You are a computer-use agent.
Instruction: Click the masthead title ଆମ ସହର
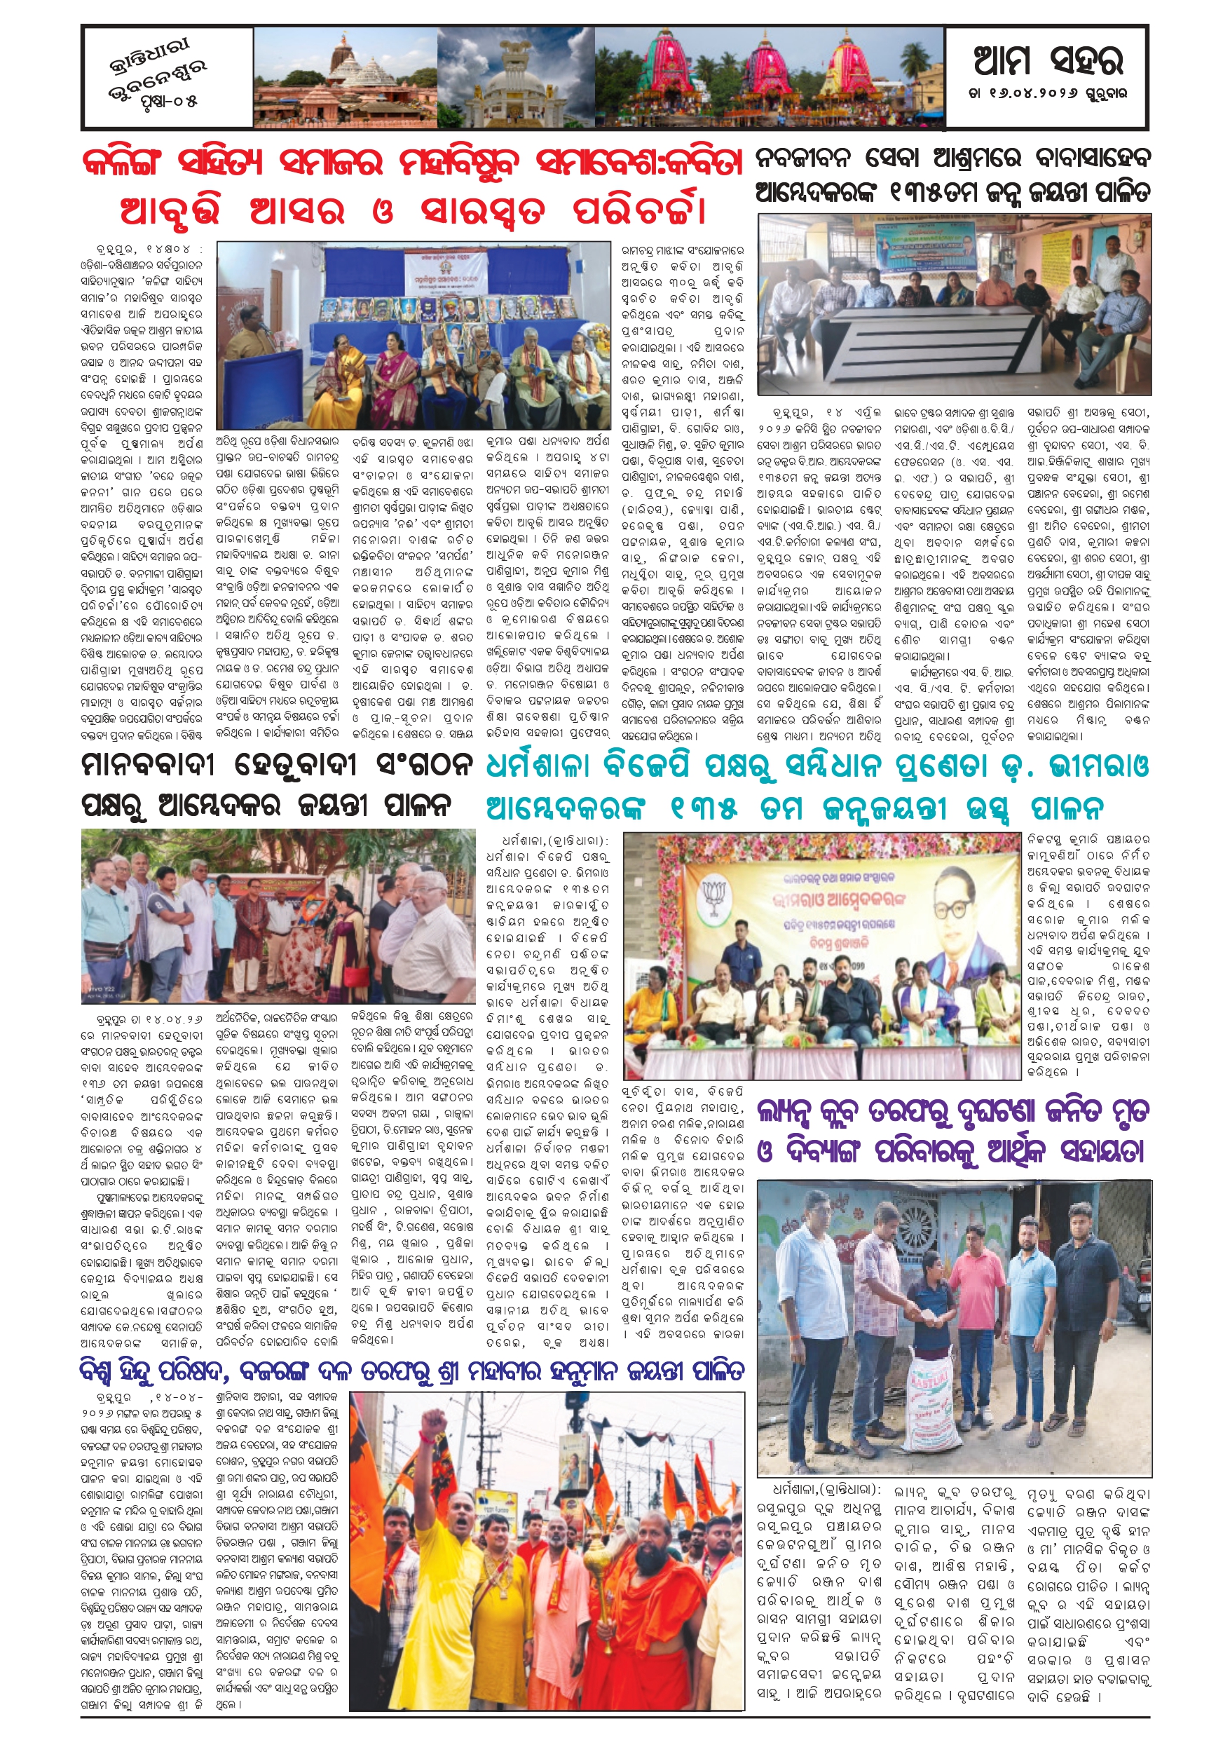[x=1047, y=60]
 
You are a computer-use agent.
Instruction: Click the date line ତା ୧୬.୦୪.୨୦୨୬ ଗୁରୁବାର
[x=1047, y=94]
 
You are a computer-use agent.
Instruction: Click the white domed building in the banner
[x=515, y=83]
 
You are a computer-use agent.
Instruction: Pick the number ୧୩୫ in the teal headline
[x=704, y=810]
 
